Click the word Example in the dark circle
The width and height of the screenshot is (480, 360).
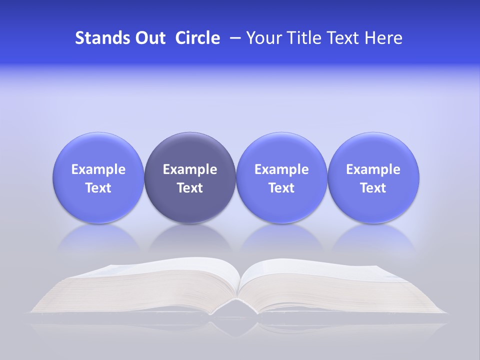click(x=190, y=169)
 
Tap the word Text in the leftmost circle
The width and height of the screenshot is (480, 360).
click(x=98, y=188)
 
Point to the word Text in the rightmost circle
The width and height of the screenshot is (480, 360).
click(x=373, y=188)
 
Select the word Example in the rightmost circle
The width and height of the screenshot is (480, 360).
click(x=373, y=169)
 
